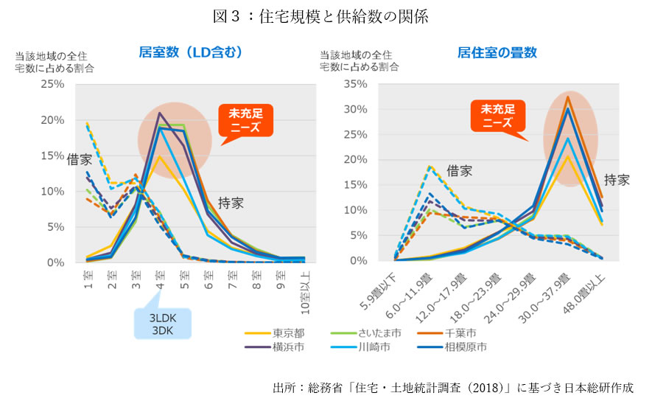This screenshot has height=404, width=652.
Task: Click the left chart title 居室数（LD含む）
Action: click(190, 52)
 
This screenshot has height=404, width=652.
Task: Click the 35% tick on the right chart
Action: click(357, 84)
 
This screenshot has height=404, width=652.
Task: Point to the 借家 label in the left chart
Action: click(80, 159)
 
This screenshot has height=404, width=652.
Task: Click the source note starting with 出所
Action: click(452, 387)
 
